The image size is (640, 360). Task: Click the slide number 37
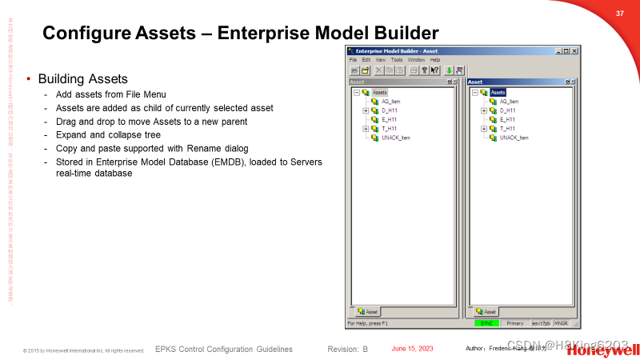coord(619,14)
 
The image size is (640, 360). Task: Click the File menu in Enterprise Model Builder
coord(353,60)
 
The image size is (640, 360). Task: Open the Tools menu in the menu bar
coord(397,60)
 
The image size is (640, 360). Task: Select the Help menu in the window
coord(435,60)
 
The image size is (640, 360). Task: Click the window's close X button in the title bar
coord(574,51)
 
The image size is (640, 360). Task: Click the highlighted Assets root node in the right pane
coord(498,93)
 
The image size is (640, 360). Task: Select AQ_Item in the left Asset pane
coord(390,102)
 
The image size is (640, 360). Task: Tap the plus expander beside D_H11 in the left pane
coord(366,110)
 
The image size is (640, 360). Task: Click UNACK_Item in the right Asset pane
coord(514,138)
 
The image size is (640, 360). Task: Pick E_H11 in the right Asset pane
coord(507,119)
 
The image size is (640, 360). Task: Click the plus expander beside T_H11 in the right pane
coord(483,129)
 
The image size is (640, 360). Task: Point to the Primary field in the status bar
coord(514,323)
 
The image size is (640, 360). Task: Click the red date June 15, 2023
coord(412,349)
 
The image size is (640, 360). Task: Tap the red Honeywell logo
coord(612,350)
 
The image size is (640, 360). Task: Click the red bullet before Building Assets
coord(30,79)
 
